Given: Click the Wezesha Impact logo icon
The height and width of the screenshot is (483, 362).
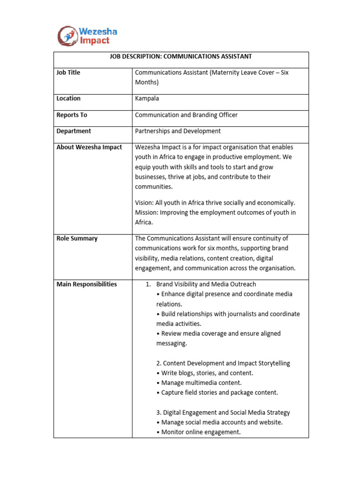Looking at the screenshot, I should point(67,36).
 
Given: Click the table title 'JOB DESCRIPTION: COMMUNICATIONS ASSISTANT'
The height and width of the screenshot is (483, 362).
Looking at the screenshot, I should point(181,57).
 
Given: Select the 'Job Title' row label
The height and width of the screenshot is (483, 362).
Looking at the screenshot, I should point(68,73).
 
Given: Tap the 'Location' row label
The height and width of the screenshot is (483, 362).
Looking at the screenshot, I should point(68,99).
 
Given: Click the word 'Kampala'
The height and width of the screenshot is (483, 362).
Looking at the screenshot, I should point(147,99).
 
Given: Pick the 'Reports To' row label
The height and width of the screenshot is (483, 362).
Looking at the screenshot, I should point(72,115).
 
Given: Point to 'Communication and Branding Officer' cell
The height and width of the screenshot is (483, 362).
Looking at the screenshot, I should point(186,115).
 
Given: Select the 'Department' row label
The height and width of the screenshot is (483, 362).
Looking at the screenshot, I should point(74,131).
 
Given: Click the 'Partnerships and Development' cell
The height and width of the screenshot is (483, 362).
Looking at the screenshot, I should point(178,131).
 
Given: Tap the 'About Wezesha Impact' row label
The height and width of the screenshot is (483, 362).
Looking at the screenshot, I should point(89,147).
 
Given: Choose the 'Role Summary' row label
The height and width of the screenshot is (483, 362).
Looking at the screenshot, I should point(77,239).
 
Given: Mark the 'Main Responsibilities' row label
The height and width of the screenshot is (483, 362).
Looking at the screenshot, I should point(87,284).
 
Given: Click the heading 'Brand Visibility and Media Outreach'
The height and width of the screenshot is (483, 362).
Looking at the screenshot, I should point(206,284).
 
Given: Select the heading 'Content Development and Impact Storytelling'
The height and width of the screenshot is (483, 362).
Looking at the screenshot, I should point(223,363).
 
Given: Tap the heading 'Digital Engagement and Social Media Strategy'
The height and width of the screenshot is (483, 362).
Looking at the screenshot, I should point(223,413).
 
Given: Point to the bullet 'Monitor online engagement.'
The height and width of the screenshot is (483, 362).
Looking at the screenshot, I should point(201,432).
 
